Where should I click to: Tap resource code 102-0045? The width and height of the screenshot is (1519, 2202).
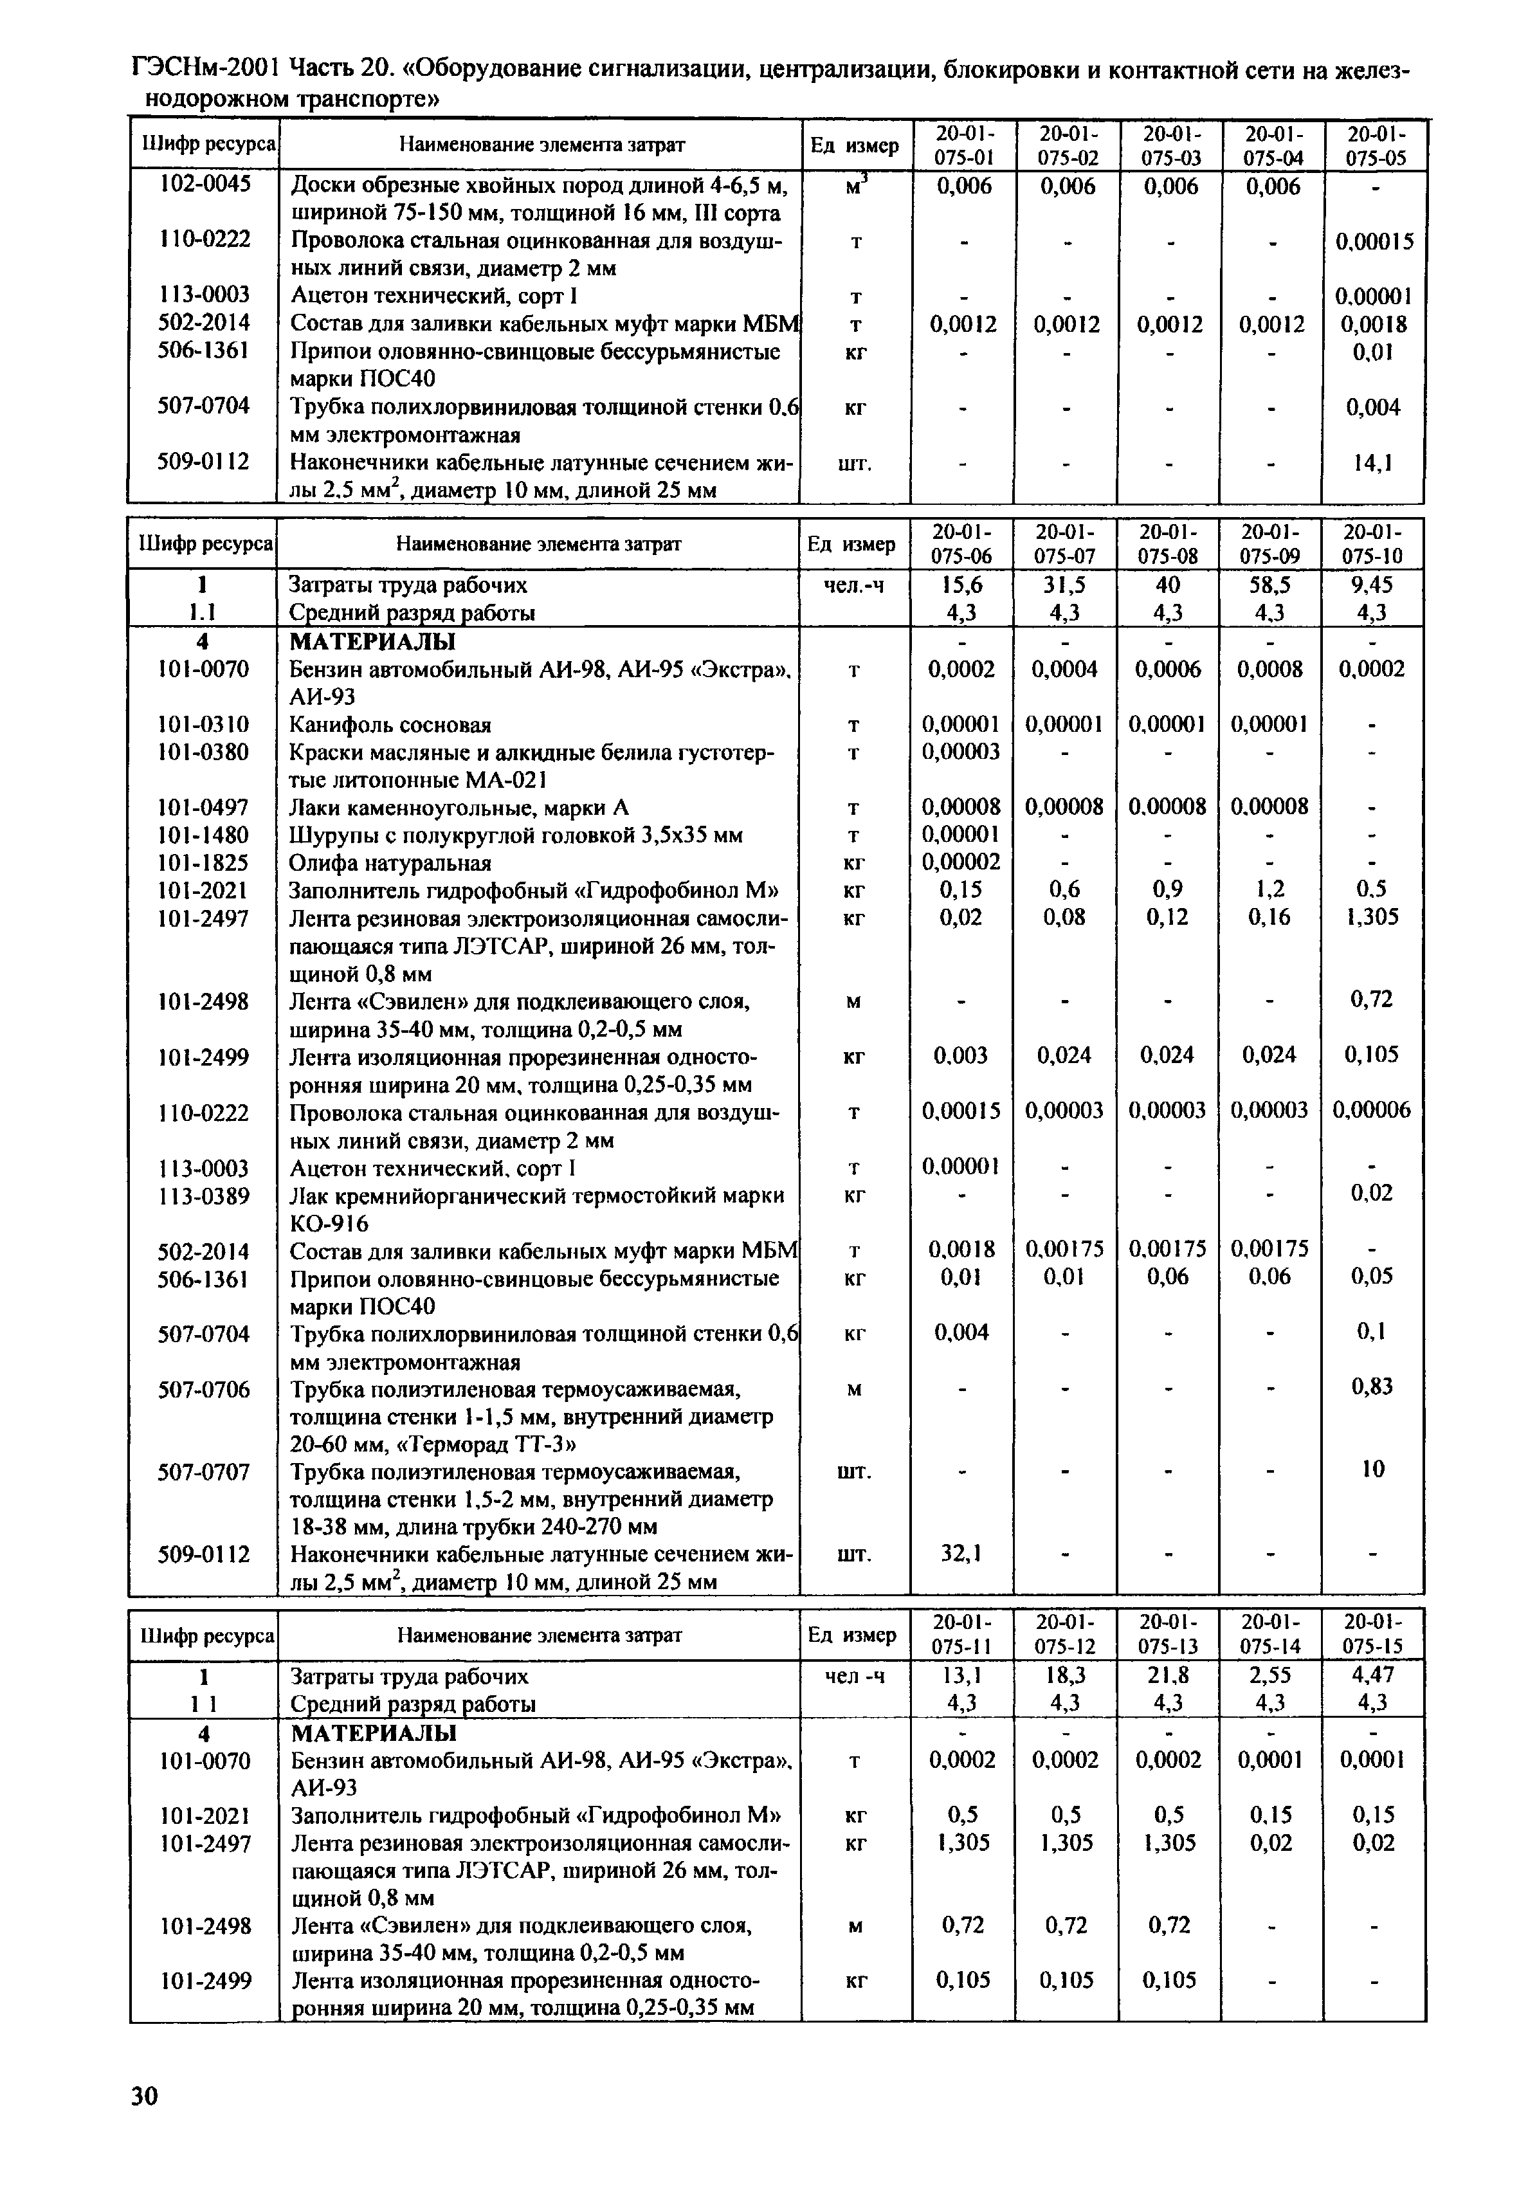coord(204,185)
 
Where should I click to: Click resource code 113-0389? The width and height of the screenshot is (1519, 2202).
coord(204,1195)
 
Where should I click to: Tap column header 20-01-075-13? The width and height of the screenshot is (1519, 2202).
coord(1169,1636)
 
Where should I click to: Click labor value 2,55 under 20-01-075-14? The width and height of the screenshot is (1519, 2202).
coord(1271,1676)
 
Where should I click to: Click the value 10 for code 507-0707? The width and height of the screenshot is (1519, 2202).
coord(1372,1470)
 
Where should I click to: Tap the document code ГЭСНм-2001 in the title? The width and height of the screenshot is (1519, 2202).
coord(204,69)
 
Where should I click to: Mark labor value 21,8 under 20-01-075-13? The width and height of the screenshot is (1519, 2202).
coord(1168,1676)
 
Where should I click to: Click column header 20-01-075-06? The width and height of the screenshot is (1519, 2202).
coord(961,543)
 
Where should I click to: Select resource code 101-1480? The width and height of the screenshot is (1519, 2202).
coord(204,835)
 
